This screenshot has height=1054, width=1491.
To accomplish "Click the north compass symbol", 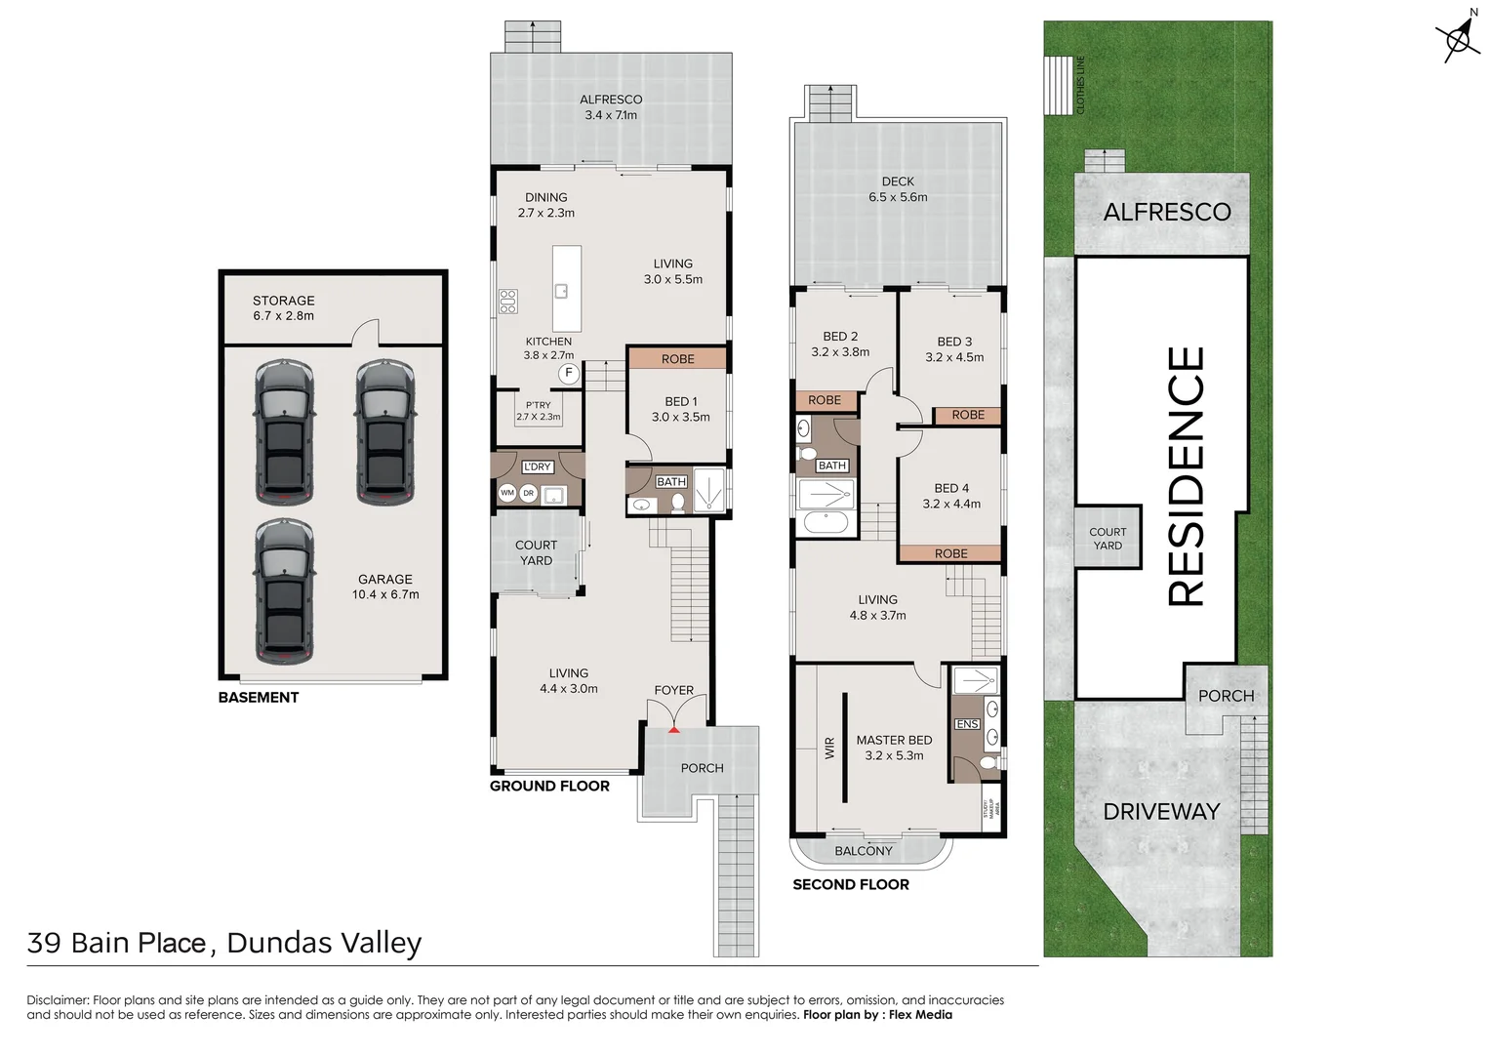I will pos(1458,38).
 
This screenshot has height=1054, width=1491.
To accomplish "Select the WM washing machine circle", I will pos(507,493).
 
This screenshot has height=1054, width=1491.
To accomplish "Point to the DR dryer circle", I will pos(528,493).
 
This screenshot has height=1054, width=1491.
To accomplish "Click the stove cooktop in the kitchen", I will pos(507,301).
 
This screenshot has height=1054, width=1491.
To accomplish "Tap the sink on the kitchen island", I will pos(562,290).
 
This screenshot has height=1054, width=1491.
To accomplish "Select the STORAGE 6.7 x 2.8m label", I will pos(283,307).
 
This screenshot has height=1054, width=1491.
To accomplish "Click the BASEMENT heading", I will pos(259,697).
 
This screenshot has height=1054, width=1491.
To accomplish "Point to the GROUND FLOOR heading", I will pos(549,786).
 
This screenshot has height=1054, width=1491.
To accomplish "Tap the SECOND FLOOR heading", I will pos(851,884).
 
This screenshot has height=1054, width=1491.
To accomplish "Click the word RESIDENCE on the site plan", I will pos(1187,476).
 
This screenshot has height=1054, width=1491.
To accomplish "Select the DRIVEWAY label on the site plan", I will pos(1161,811).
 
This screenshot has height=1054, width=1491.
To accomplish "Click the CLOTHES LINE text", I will pos(1080,85).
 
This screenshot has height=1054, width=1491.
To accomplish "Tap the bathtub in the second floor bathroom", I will pos(826,522).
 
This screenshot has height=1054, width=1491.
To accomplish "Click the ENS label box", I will pos(967,723).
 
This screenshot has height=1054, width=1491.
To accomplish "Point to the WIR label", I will pos(829,748).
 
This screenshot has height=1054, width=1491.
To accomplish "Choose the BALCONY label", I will pos(864,851).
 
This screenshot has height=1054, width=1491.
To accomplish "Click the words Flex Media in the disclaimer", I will pos(920,1015).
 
